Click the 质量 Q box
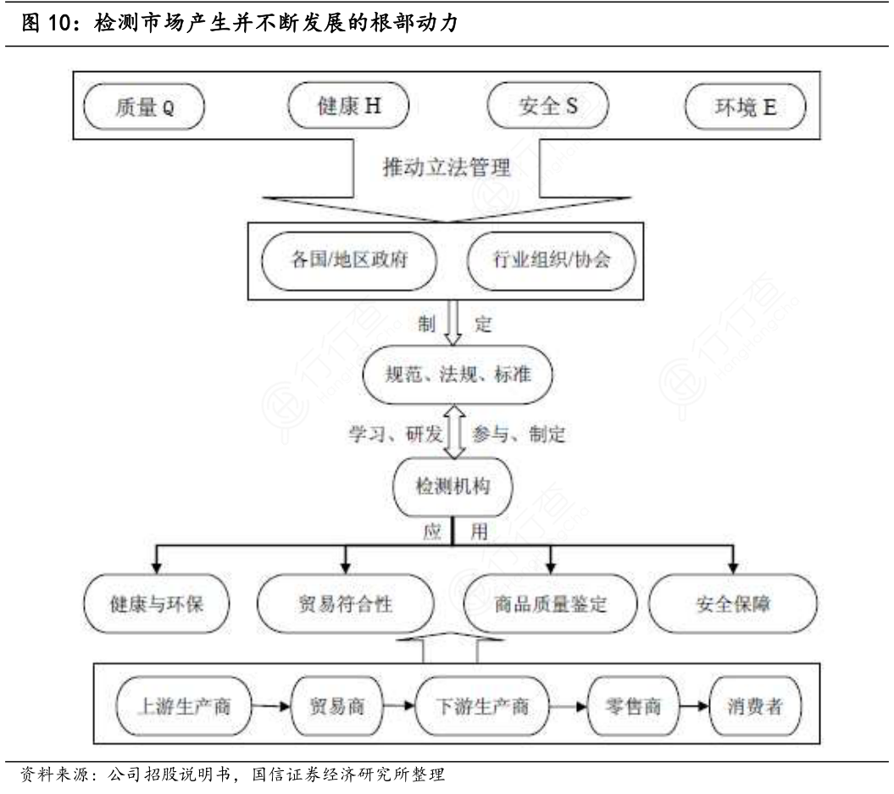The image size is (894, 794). (144, 108)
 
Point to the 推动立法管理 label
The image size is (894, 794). (447, 166)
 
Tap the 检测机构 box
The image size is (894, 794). (453, 486)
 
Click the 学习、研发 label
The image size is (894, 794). (396, 435)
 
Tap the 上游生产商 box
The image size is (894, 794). (185, 705)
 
